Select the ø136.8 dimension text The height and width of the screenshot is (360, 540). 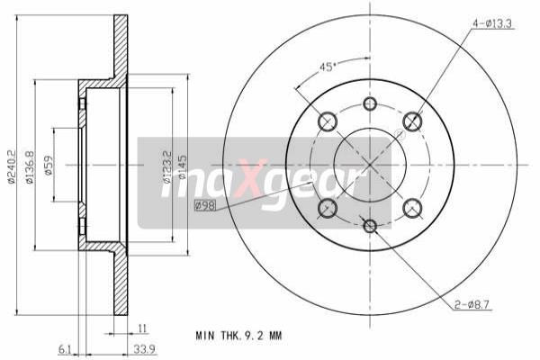coord(30,166)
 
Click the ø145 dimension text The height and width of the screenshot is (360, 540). coord(183,167)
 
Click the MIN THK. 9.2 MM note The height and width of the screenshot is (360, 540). coord(238,336)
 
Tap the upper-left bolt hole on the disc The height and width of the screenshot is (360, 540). coord(328,121)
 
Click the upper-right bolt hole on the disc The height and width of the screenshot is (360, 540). coord(412,121)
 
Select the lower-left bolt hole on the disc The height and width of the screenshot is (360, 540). coord(328,208)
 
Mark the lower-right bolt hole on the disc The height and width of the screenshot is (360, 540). coord(412,208)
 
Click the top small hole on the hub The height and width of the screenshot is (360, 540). coord(370,103)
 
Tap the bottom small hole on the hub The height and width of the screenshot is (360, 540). coord(370,224)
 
